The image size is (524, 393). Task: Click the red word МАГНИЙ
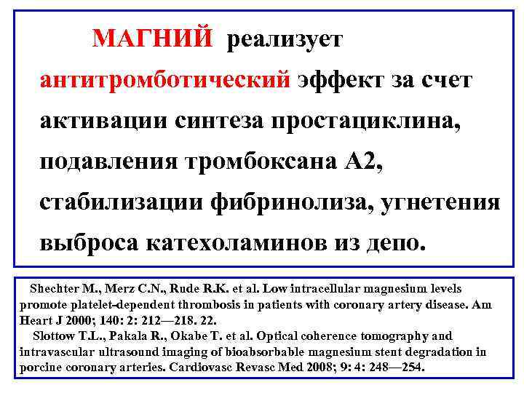click(152, 37)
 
